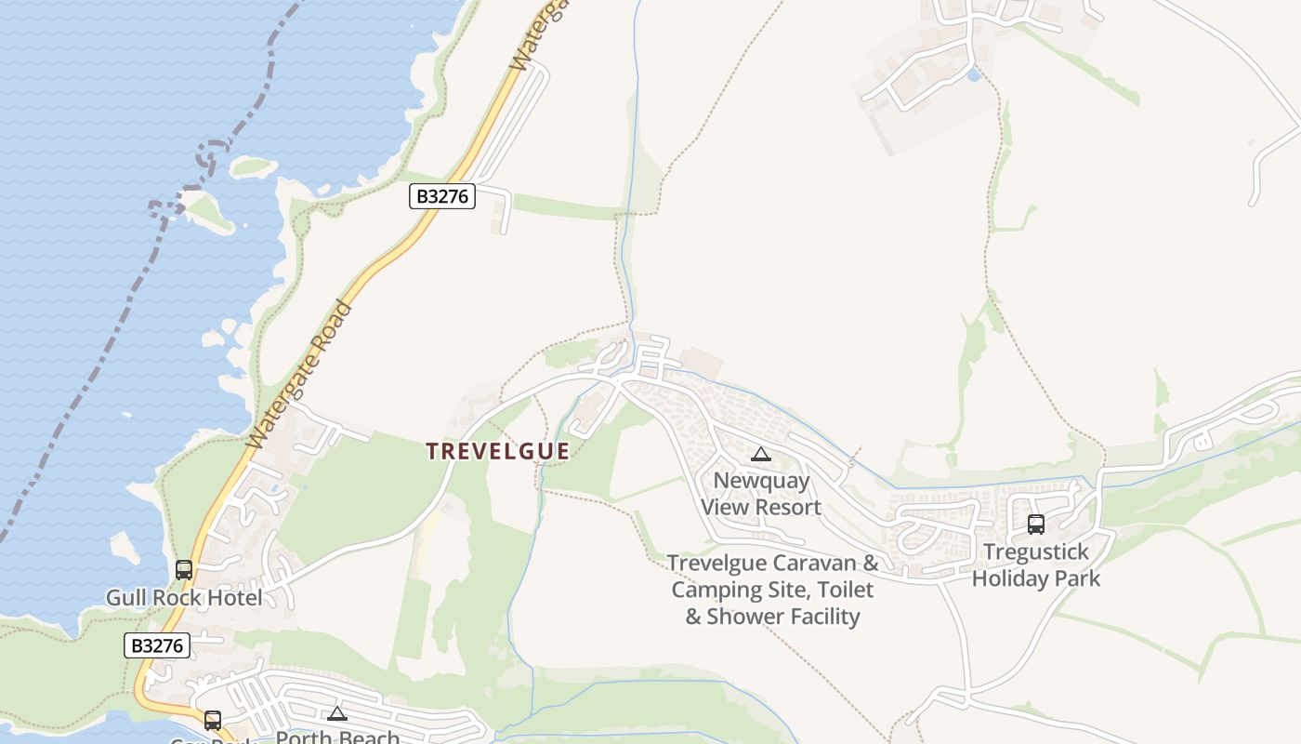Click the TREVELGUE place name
pyautogui.click(x=497, y=451)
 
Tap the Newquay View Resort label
pyautogui.click(x=761, y=494)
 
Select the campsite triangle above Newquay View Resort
pyautogui.click(x=761, y=455)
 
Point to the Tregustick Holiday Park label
pyautogui.click(x=1036, y=565)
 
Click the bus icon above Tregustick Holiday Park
pyautogui.click(x=1036, y=525)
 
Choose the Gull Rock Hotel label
pyautogui.click(x=184, y=597)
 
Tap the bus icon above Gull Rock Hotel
pyautogui.click(x=184, y=569)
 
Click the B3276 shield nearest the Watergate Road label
pyautogui.click(x=442, y=196)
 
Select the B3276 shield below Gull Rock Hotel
pyautogui.click(x=157, y=645)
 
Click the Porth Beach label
pyautogui.click(x=337, y=737)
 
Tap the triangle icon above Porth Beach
pyautogui.click(x=337, y=713)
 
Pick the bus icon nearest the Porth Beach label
pyautogui.click(x=213, y=720)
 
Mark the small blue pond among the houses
pyautogui.click(x=973, y=74)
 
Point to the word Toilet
pyautogui.click(x=844, y=590)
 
